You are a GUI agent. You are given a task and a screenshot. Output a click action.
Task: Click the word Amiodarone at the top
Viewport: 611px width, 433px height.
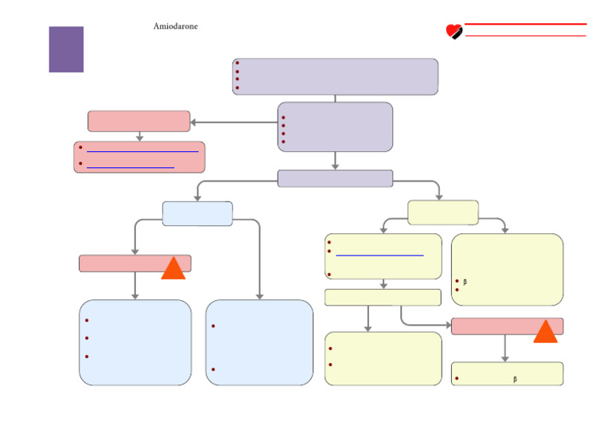click(x=175, y=26)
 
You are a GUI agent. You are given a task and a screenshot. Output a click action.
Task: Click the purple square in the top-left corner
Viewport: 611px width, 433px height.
click(x=66, y=49)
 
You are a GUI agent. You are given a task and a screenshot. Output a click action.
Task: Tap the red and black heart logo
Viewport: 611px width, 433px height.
click(x=454, y=32)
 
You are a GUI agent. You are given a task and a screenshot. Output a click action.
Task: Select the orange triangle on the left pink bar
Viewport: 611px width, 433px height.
click(x=173, y=269)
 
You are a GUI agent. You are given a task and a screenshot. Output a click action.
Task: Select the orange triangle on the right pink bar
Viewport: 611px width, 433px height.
click(x=545, y=331)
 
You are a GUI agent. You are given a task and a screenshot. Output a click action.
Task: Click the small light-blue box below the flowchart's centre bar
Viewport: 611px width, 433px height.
click(x=197, y=213)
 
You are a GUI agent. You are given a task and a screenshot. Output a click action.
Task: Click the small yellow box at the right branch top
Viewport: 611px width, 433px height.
click(x=442, y=213)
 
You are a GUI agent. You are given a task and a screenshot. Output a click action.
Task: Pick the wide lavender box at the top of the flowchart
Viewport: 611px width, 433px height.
click(x=335, y=76)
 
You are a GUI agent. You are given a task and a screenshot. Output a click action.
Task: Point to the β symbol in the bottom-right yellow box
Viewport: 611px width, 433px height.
click(x=516, y=380)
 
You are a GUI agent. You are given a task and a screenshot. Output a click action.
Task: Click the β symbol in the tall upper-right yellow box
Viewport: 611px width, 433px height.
click(x=465, y=282)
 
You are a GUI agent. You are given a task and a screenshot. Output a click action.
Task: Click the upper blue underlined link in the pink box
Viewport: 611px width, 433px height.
click(x=142, y=150)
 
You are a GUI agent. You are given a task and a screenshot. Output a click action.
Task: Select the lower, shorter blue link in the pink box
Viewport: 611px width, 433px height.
click(x=130, y=167)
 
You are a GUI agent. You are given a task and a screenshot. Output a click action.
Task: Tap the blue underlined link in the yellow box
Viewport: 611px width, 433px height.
click(x=379, y=255)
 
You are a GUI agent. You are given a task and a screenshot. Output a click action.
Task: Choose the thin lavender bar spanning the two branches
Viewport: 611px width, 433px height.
click(x=335, y=178)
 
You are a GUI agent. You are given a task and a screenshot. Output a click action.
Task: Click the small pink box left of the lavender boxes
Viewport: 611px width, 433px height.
click(x=139, y=121)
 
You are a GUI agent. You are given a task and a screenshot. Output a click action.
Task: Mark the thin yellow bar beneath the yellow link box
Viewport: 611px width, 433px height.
click(x=383, y=297)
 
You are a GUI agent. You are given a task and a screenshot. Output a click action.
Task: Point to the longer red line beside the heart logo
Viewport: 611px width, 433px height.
click(x=526, y=24)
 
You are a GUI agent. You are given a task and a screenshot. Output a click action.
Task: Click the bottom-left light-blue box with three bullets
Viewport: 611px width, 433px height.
click(x=135, y=342)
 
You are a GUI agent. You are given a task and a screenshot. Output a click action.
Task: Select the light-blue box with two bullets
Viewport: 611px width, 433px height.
click(x=259, y=342)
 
